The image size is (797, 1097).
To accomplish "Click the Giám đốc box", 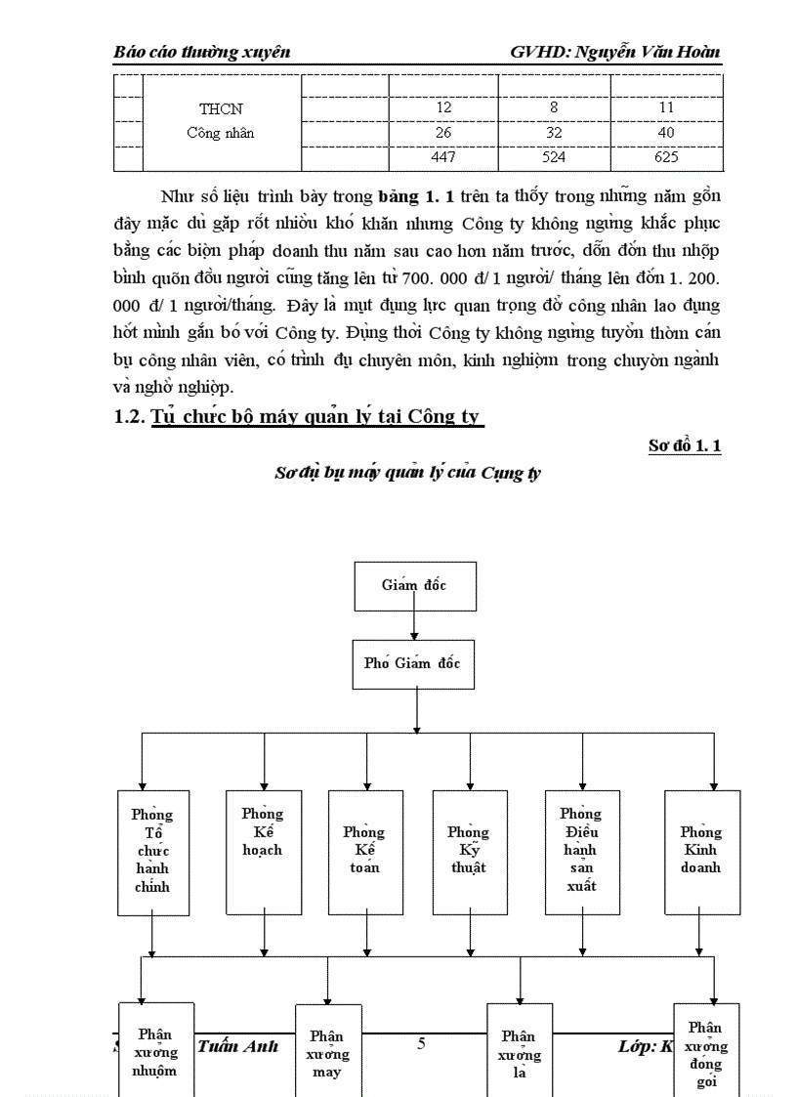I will pos(414,585).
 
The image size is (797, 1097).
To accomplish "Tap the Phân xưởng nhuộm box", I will pos(155,1050).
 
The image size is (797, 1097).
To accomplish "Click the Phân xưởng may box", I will pos(327,1052).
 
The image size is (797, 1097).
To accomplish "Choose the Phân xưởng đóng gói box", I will pos(705,1050).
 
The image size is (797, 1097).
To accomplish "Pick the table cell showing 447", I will pos(443,156).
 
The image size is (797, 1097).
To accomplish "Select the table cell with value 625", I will pos(666,156).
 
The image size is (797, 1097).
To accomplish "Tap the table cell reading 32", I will pos(554,132).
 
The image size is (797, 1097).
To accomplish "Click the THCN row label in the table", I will pos(221,108).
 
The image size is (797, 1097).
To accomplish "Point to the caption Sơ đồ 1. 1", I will pos(685,445).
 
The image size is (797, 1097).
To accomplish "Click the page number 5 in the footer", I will pos(421,1043).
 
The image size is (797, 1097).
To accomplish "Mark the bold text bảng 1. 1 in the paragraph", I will pos(408,196).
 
